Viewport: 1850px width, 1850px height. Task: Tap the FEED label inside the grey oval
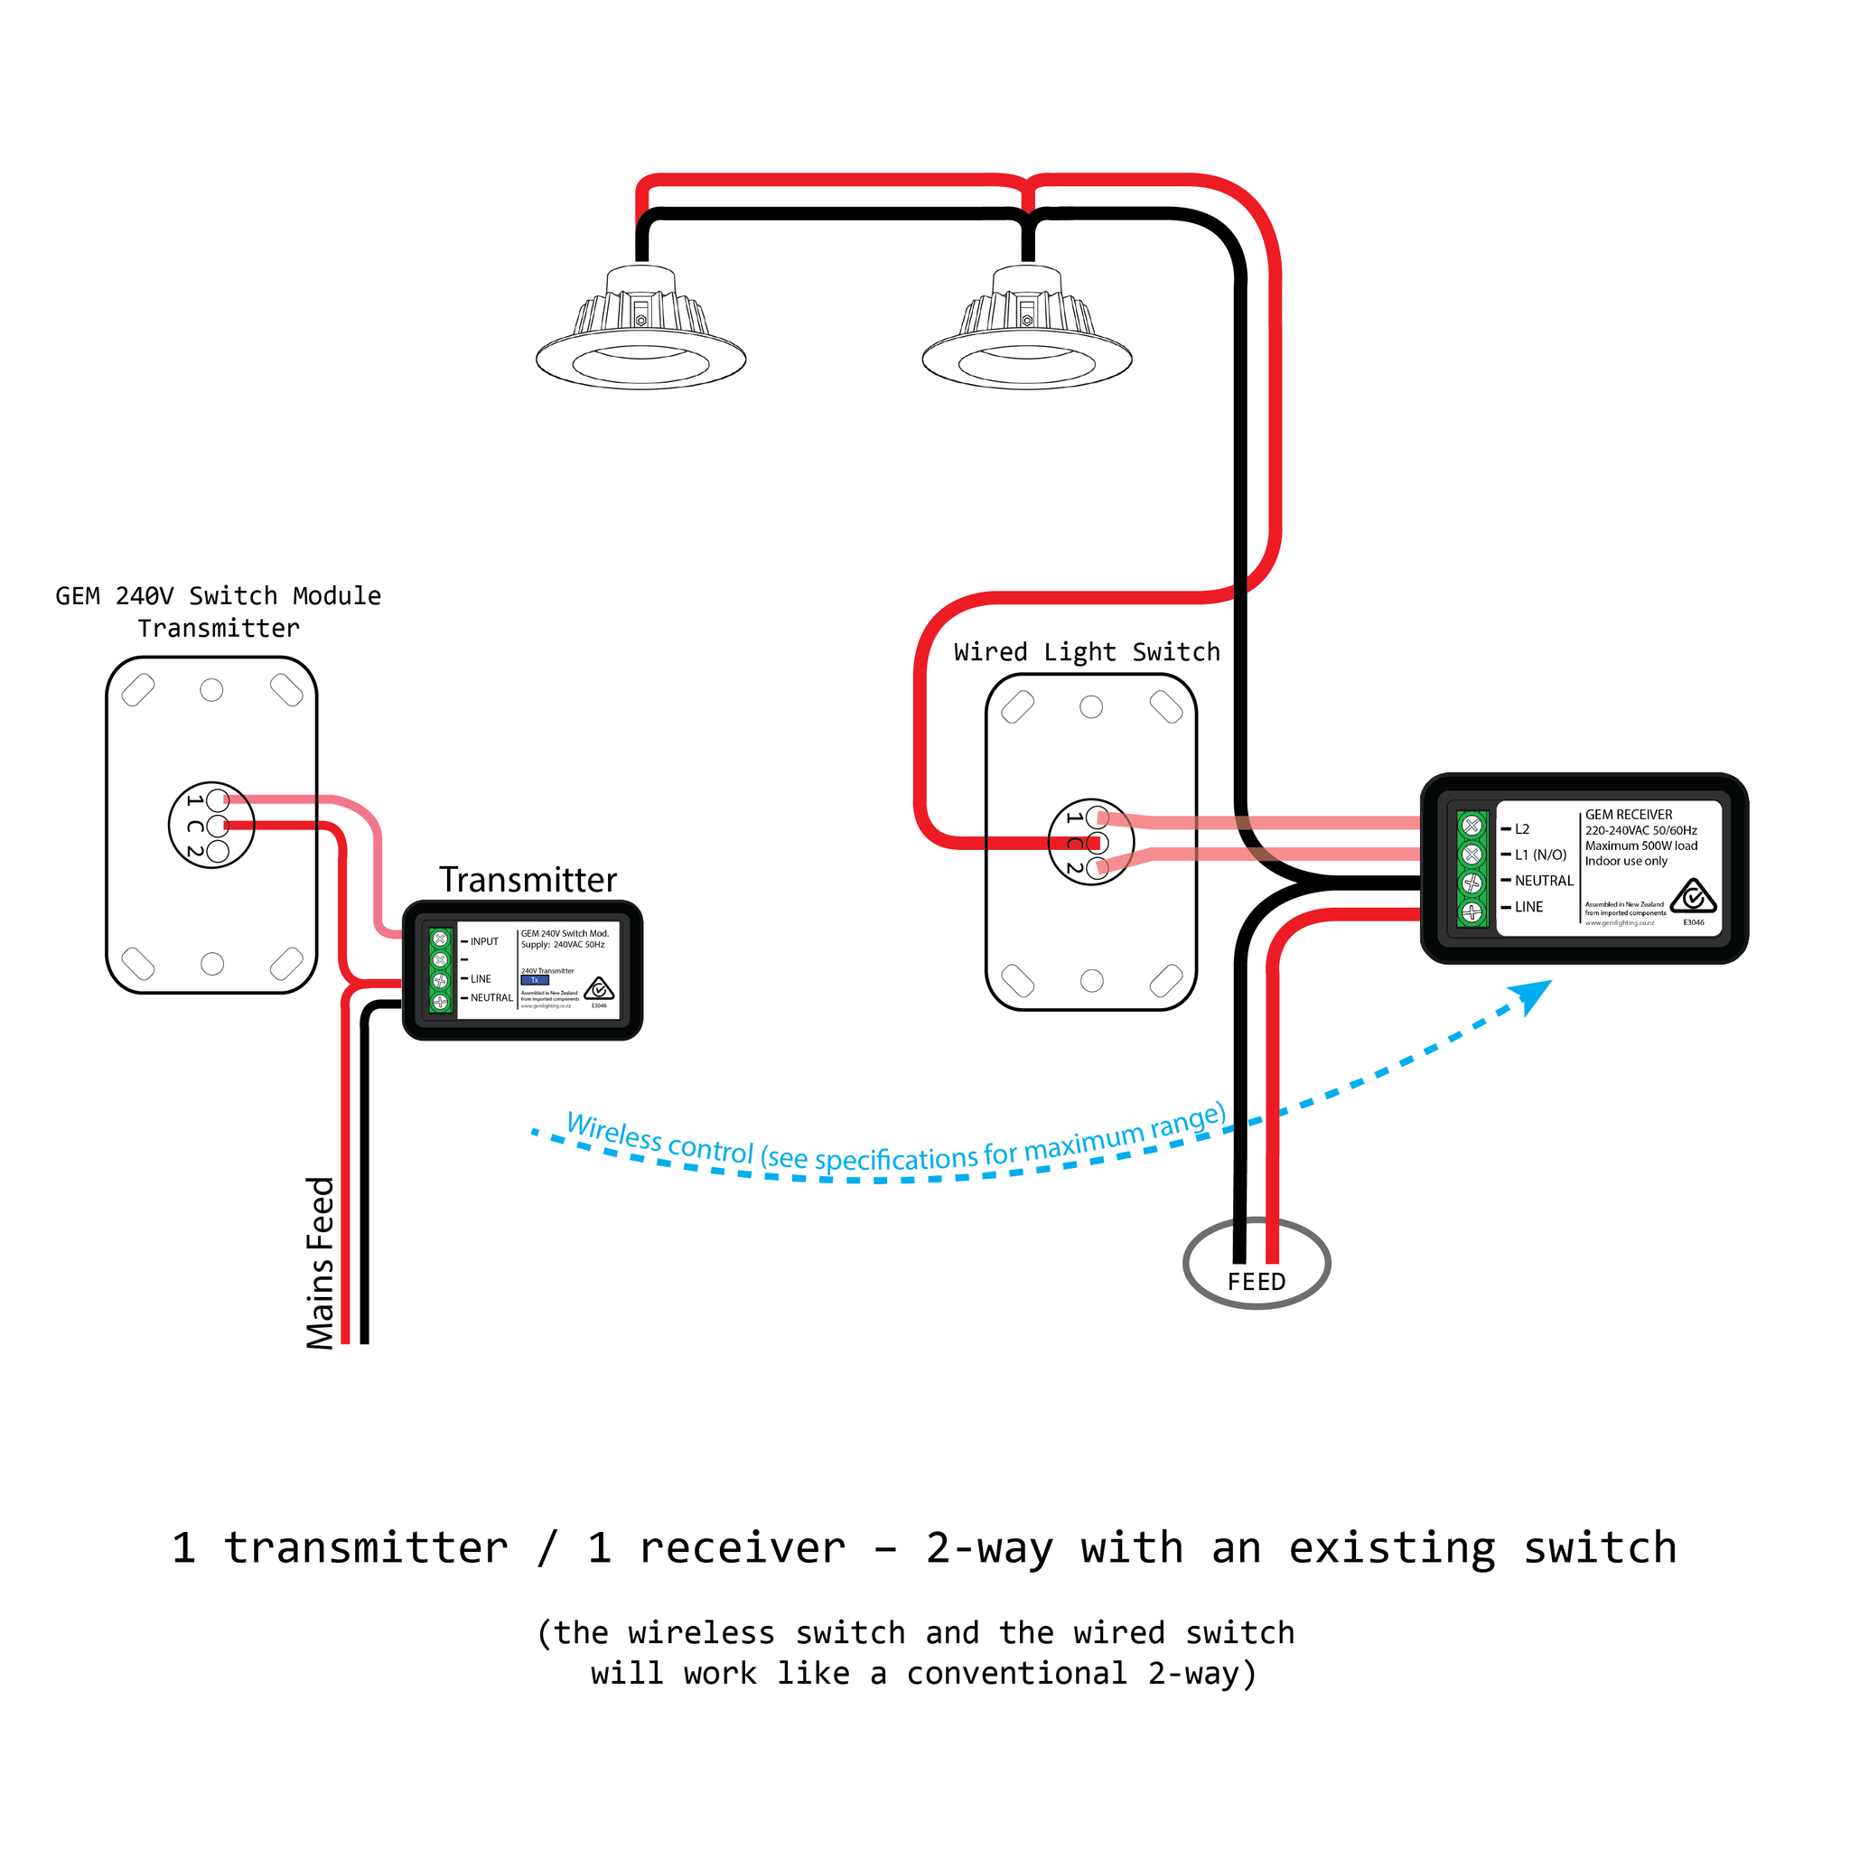tap(1257, 1281)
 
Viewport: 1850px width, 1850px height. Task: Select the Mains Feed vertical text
tap(321, 1263)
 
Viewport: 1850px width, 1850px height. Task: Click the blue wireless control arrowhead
tap(1533, 995)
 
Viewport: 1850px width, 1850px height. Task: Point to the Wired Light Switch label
tap(1087, 652)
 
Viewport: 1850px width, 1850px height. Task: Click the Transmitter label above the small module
tap(528, 880)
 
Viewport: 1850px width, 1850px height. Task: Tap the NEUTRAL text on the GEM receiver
tap(1544, 881)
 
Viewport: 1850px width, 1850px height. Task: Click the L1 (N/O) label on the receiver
tap(1540, 855)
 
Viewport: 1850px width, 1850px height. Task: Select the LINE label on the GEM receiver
tap(1528, 907)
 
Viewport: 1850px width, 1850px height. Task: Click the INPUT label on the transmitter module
tap(484, 941)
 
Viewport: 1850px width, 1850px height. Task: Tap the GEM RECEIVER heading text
tap(1628, 814)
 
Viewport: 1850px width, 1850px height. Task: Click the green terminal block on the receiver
tap(1472, 867)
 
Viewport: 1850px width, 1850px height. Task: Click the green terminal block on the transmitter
tap(441, 970)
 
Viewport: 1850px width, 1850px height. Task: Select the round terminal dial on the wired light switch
tap(1090, 842)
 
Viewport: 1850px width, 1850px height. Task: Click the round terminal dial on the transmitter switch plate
tap(211, 825)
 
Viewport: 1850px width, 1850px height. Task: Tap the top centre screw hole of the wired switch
tap(1090, 706)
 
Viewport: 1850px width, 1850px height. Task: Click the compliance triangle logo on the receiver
tap(1693, 896)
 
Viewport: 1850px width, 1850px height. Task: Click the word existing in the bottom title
tap(1392, 1548)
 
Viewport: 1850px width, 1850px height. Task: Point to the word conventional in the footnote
tap(1016, 1673)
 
